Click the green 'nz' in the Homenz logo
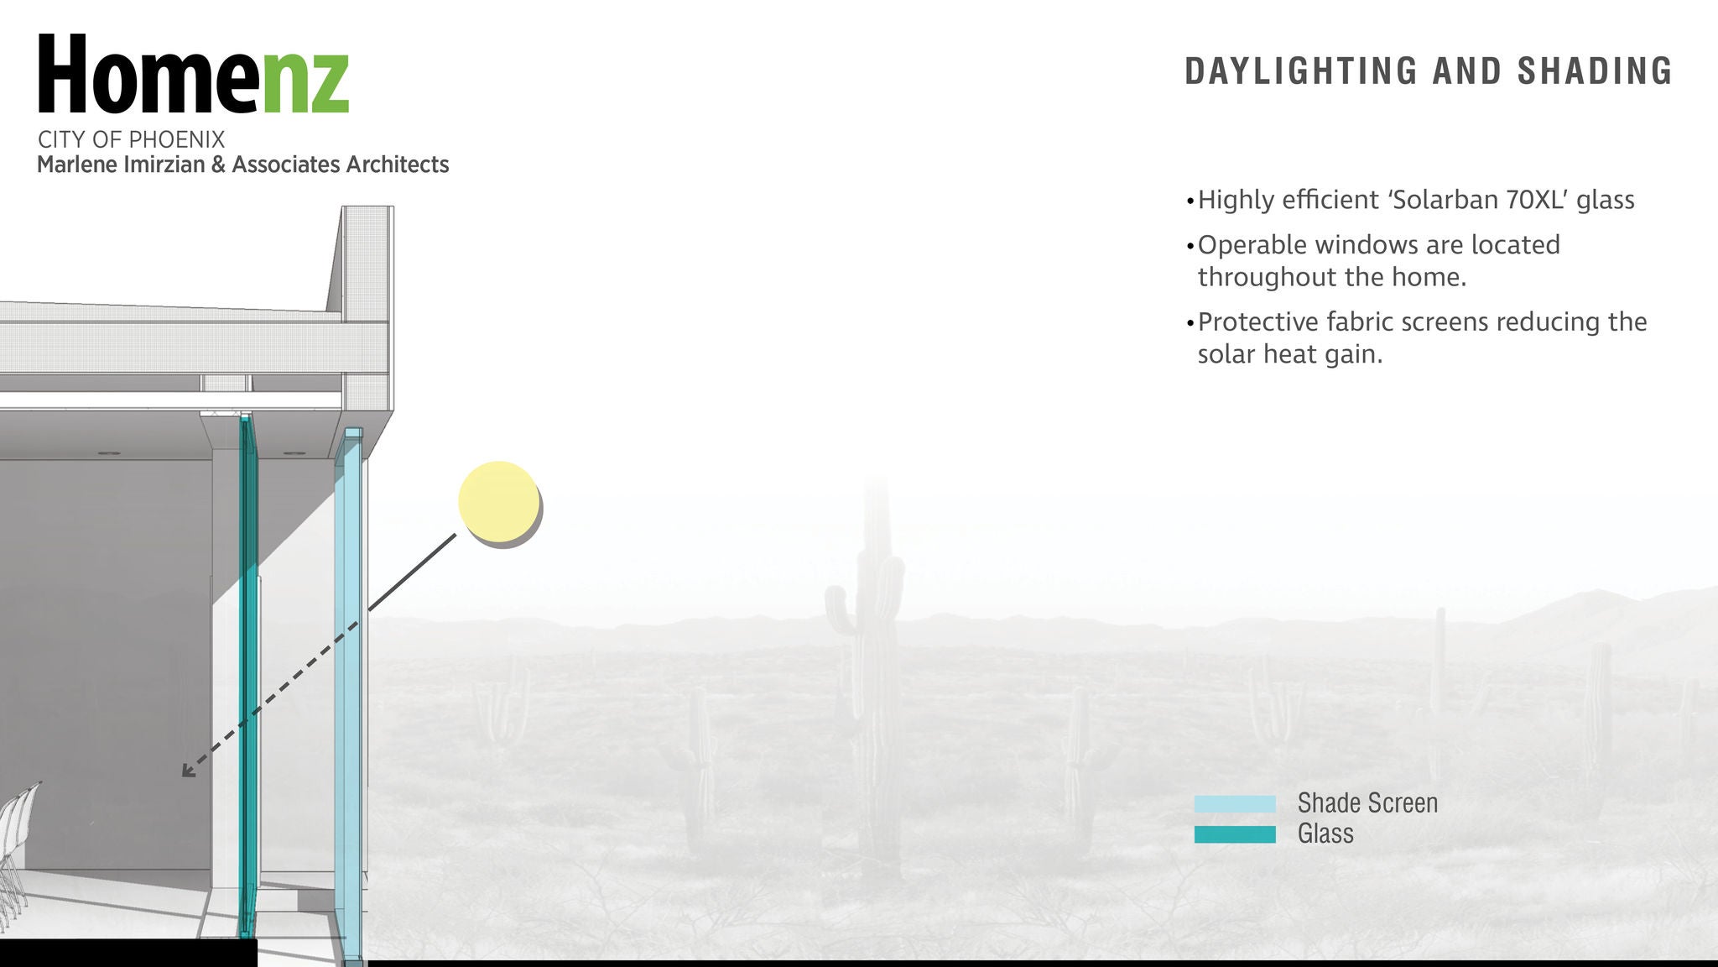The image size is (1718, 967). point(306,81)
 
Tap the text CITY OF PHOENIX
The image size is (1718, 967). point(132,139)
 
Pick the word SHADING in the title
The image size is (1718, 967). point(1595,71)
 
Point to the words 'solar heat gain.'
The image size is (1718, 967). point(1290,355)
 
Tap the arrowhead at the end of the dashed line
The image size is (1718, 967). point(188,770)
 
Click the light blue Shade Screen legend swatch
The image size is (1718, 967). point(1235,804)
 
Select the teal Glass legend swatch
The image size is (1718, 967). point(1235,834)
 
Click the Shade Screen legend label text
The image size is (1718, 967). point(1367,803)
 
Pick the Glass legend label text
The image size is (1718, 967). point(1325,834)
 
